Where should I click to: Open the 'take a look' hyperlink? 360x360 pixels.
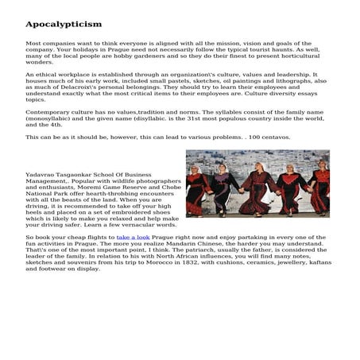(133, 237)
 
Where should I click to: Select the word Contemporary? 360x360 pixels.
(48, 112)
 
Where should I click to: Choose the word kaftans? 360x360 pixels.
(319, 262)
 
